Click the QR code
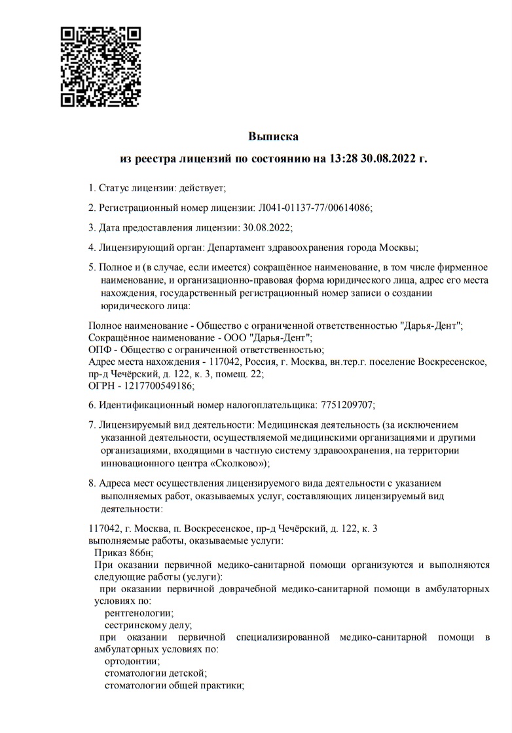tap(101, 66)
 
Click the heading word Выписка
tap(273, 137)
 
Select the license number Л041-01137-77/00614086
tap(313, 208)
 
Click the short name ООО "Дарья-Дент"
tap(275, 338)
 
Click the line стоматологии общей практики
tap(174, 686)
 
